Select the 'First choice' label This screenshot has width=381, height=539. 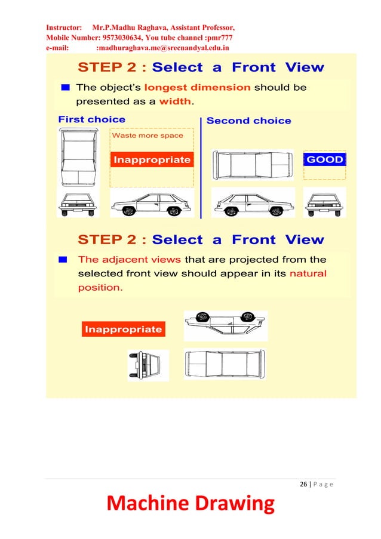91,119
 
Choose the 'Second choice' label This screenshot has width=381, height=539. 248,121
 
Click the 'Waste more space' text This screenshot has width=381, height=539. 148,135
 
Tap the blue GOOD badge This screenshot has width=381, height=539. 324,159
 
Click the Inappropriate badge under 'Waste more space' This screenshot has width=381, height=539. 152,160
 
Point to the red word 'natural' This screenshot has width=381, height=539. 308,274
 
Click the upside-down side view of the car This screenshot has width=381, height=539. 226,325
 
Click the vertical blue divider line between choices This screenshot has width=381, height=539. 201,167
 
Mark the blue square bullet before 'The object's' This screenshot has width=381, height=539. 66,87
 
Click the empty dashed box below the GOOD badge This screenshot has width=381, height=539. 324,173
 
